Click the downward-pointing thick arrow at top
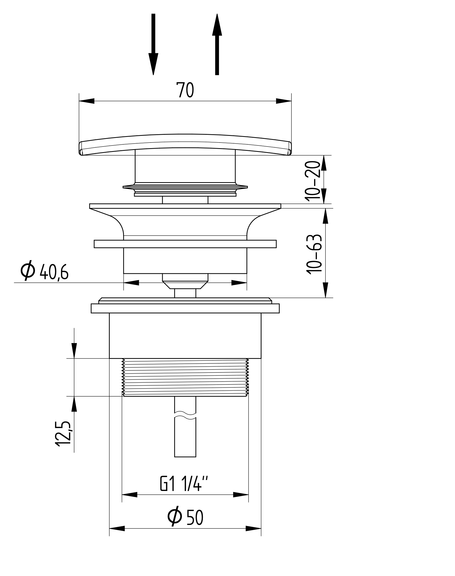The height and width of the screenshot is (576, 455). (153, 44)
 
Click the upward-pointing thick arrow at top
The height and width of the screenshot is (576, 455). (217, 44)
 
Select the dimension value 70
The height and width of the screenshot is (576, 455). (185, 90)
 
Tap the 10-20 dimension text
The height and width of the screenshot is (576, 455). (313, 180)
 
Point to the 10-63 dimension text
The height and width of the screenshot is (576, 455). (314, 254)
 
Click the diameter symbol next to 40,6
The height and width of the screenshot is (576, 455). (28, 271)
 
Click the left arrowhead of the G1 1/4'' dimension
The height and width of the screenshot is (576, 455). (130, 495)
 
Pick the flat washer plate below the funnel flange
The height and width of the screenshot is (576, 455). (185, 244)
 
